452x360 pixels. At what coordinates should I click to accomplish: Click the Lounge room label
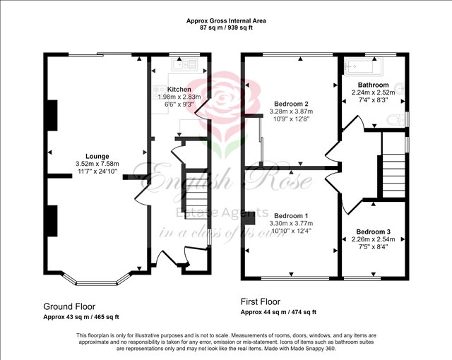[97, 157]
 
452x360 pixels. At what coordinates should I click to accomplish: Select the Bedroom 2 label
[291, 104]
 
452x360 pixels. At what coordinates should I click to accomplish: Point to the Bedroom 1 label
[291, 215]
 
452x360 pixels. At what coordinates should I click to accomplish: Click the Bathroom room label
[373, 85]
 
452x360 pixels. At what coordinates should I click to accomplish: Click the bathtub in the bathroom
[361, 68]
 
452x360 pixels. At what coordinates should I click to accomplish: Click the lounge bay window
[97, 280]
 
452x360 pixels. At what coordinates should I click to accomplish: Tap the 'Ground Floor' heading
[71, 306]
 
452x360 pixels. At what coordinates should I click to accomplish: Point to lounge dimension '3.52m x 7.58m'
[97, 164]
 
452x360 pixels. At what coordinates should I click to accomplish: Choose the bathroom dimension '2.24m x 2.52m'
[373, 92]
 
